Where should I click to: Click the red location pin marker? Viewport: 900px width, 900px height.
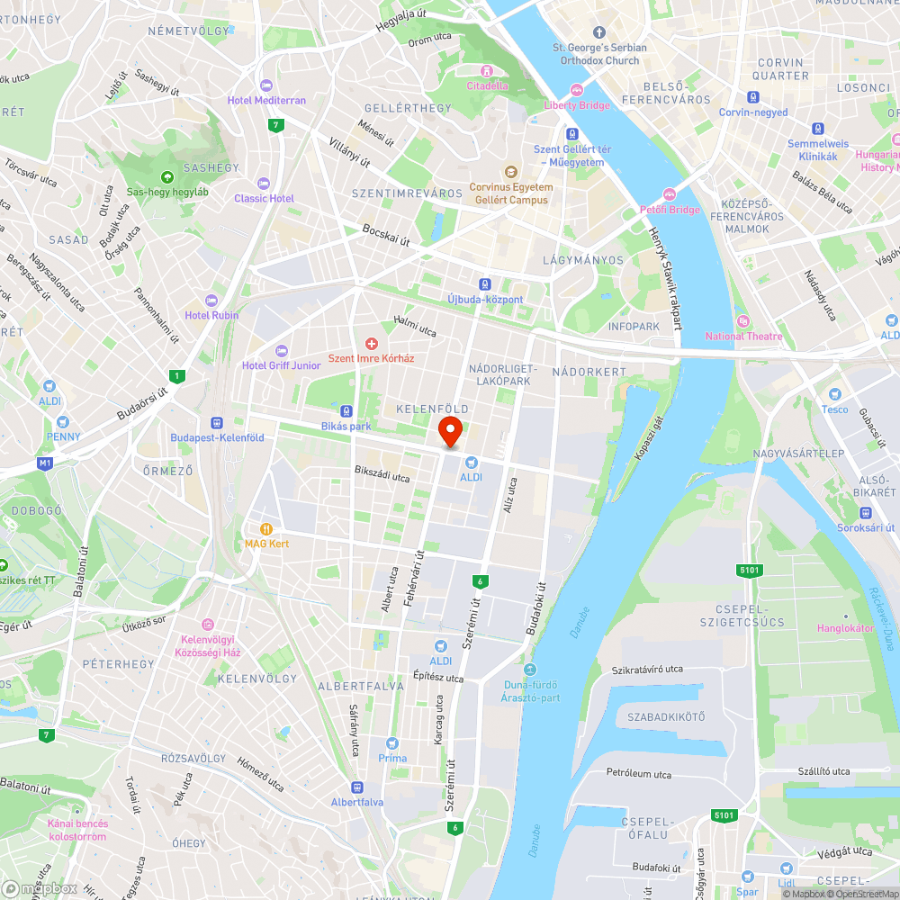point(450,431)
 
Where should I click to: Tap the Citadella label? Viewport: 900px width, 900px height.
point(487,86)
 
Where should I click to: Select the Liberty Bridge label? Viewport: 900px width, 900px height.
point(577,105)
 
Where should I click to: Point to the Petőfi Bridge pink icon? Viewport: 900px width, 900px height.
point(669,193)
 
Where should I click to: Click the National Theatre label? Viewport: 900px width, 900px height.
point(743,337)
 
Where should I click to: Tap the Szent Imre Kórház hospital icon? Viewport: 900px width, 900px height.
point(371,343)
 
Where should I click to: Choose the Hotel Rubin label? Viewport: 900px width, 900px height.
point(211,315)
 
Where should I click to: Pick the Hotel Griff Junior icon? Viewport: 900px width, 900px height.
point(281,350)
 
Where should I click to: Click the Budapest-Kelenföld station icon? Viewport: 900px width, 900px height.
point(217,423)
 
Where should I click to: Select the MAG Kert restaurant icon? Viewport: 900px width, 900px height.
point(265,529)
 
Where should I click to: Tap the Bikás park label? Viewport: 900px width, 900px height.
point(346,426)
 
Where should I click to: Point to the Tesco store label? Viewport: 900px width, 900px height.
point(834,409)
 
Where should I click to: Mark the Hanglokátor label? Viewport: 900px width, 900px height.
point(845,628)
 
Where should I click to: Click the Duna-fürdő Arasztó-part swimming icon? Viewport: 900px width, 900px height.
point(529,669)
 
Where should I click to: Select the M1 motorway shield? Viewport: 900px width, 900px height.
point(45,463)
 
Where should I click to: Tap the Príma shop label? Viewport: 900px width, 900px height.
point(392,758)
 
